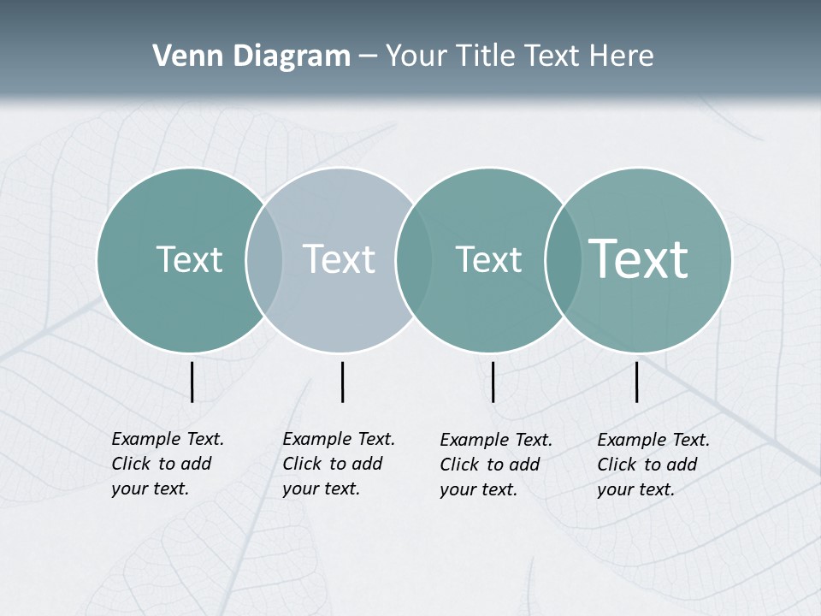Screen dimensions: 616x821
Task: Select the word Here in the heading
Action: [621, 56]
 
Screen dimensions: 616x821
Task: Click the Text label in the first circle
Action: [189, 259]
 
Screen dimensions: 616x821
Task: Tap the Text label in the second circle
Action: [339, 259]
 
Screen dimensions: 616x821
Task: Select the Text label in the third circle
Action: [488, 259]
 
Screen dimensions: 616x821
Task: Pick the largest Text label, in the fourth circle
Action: [639, 258]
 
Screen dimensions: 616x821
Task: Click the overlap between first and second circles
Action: [264, 260]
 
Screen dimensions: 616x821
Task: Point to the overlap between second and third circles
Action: [414, 260]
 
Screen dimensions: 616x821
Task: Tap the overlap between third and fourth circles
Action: [564, 260]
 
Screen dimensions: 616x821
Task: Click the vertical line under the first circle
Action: [192, 382]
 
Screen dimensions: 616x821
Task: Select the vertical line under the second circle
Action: [342, 382]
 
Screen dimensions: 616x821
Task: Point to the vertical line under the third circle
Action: [493, 382]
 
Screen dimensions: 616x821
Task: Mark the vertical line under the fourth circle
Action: [637, 382]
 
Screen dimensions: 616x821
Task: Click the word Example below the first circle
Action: [146, 440]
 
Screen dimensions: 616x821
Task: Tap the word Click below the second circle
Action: [301, 464]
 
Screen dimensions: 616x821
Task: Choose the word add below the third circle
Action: [523, 465]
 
